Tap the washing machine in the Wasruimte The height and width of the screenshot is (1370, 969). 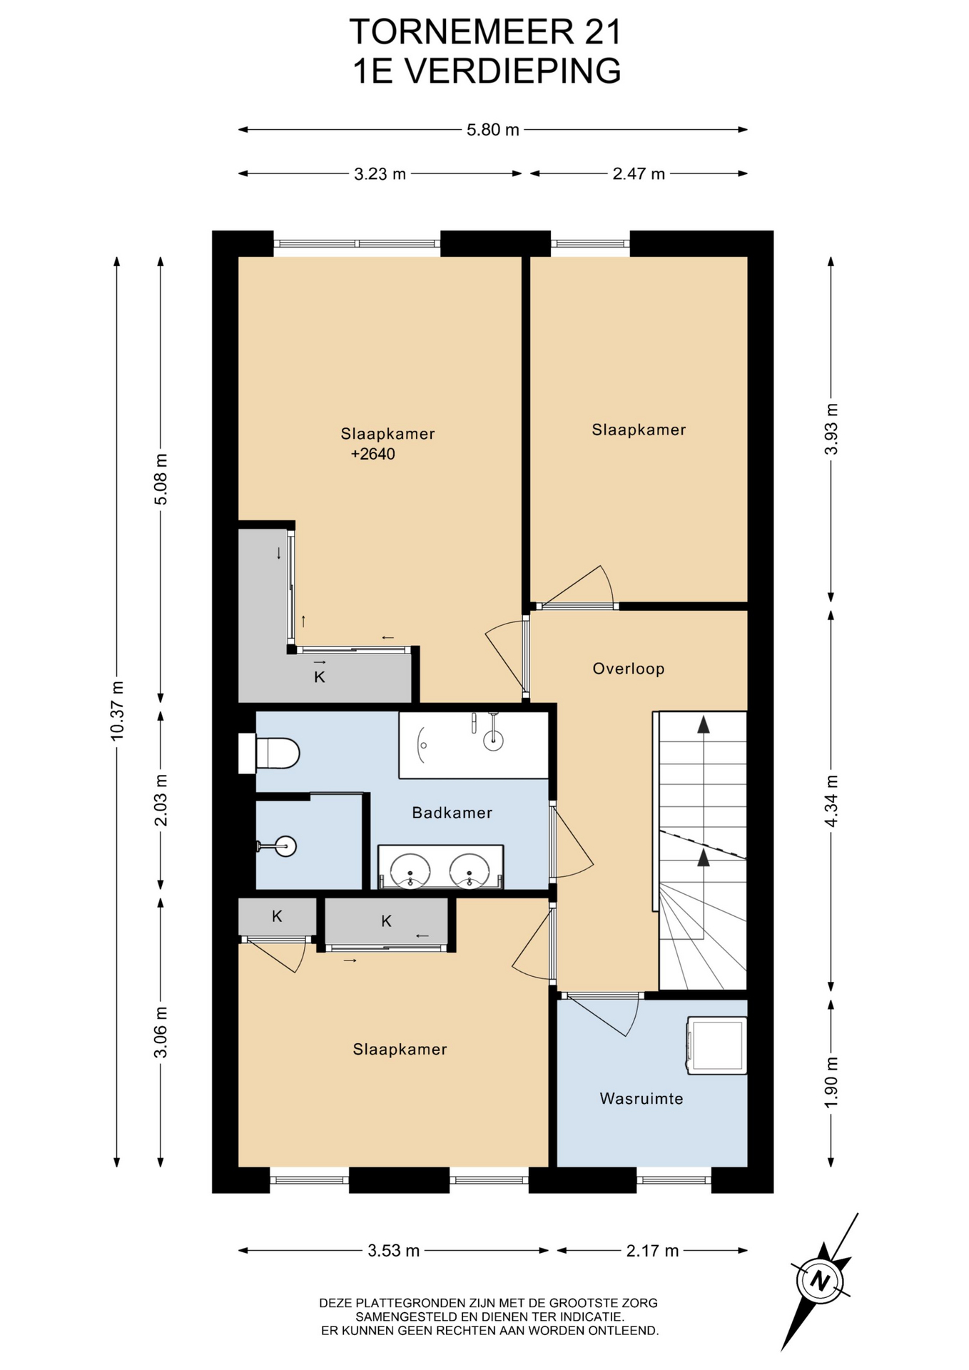pyautogui.click(x=716, y=1045)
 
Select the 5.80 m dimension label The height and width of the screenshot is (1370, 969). pyautogui.click(x=493, y=130)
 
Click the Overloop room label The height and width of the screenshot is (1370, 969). pyautogui.click(x=629, y=669)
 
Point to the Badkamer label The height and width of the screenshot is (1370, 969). pyautogui.click(x=452, y=812)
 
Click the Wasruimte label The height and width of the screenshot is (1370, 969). pyautogui.click(x=641, y=1098)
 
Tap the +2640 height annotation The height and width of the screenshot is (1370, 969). pyautogui.click(x=372, y=454)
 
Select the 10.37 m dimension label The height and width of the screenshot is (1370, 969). pyautogui.click(x=117, y=711)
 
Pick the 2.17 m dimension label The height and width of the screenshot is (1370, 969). pyautogui.click(x=653, y=1250)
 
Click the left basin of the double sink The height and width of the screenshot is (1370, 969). pyautogui.click(x=410, y=870)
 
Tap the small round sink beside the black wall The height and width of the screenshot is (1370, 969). pyautogui.click(x=283, y=847)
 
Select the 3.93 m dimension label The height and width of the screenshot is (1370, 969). pyautogui.click(x=831, y=429)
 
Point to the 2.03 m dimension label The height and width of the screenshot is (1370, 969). pyautogui.click(x=161, y=800)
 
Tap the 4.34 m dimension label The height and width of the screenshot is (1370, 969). pyautogui.click(x=831, y=801)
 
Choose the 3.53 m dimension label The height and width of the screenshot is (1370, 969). pyautogui.click(x=394, y=1250)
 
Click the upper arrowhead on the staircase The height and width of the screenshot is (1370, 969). pyautogui.click(x=704, y=724)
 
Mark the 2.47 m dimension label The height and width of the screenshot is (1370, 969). pyautogui.click(x=639, y=173)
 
